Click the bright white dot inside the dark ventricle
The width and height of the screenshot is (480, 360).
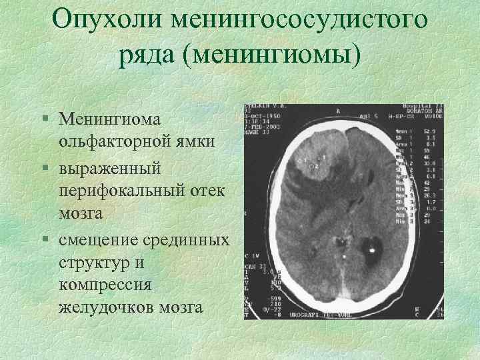371,251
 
